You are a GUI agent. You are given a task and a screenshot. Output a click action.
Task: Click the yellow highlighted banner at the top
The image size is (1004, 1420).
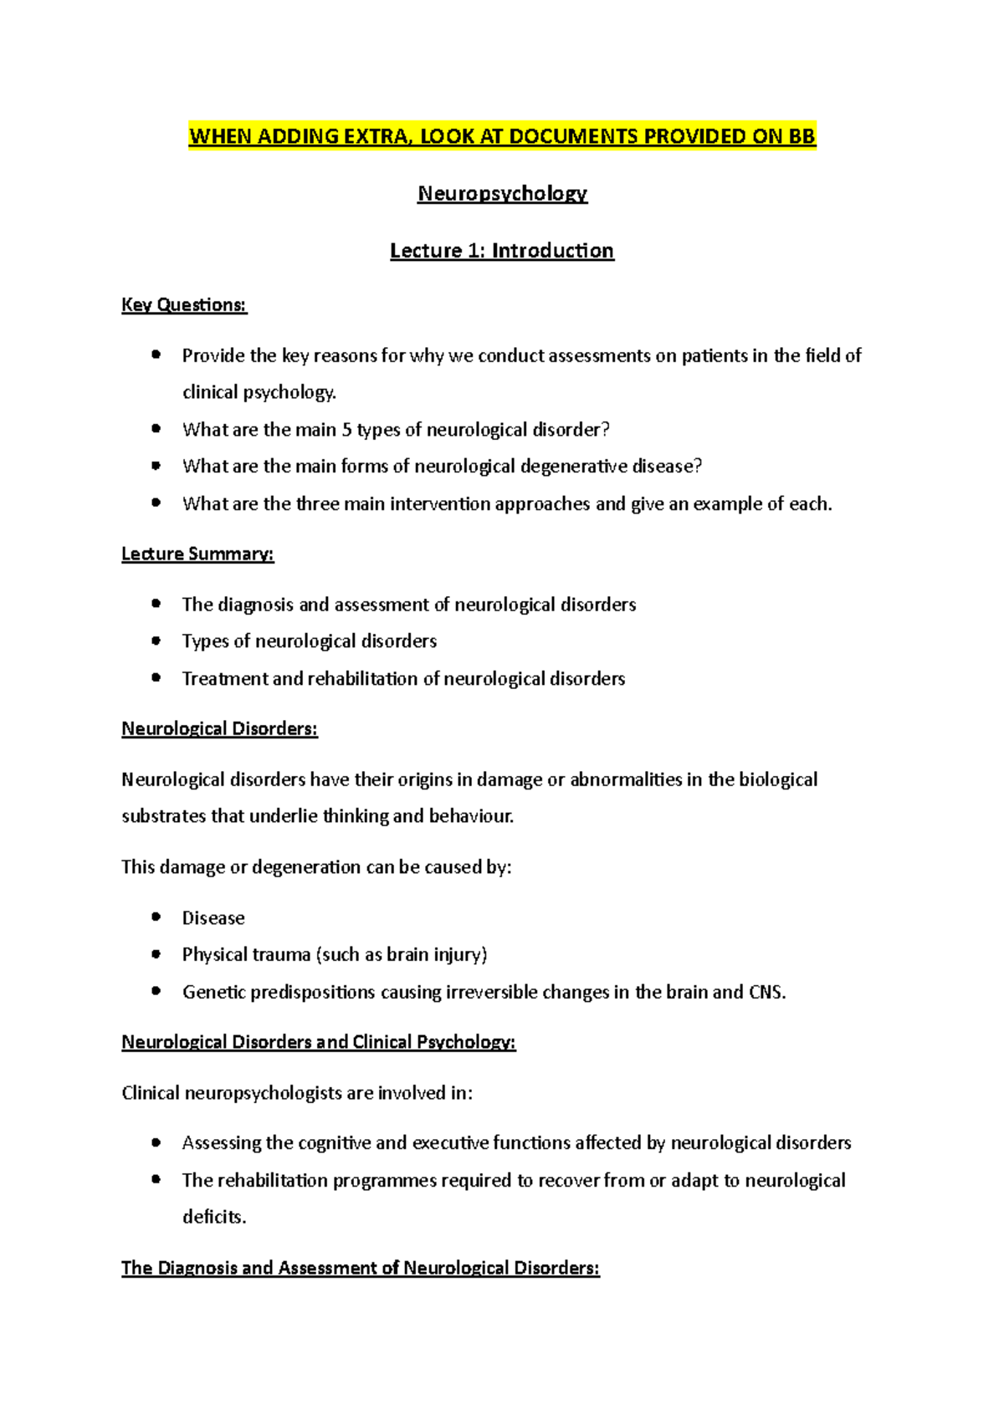(x=502, y=136)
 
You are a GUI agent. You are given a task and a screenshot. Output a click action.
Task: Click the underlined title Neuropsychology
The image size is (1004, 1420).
(x=502, y=193)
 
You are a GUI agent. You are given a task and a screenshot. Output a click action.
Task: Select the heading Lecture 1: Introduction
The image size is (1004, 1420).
(x=502, y=251)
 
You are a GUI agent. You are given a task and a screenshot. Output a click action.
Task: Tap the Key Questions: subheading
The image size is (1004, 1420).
(x=184, y=305)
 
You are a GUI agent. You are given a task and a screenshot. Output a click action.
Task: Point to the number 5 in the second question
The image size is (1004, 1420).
(x=346, y=430)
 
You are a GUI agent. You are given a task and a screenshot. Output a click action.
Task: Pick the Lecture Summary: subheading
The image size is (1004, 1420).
(x=197, y=554)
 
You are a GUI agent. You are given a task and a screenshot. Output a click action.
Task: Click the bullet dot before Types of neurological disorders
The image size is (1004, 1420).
(x=156, y=641)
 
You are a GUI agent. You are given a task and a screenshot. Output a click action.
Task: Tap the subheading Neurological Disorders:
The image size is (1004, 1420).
(x=219, y=729)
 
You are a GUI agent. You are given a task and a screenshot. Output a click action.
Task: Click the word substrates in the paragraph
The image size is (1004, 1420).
(x=164, y=816)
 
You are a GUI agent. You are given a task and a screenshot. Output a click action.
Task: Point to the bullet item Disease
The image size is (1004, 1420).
(x=213, y=918)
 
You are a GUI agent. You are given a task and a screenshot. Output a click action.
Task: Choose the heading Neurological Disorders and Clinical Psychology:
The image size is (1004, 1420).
(x=318, y=1043)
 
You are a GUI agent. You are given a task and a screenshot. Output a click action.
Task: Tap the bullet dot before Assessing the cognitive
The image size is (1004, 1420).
(x=156, y=1142)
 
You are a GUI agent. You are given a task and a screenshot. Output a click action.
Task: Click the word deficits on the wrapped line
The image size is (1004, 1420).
(x=213, y=1218)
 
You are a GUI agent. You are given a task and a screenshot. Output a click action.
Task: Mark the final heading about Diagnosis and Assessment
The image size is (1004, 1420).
(x=360, y=1269)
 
